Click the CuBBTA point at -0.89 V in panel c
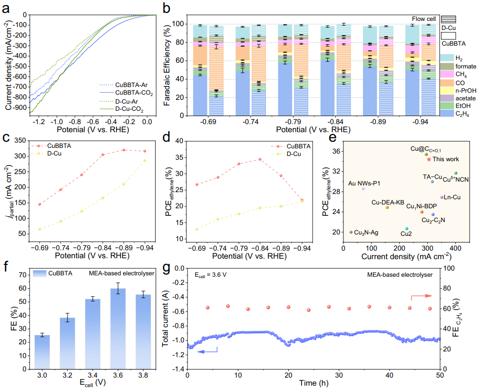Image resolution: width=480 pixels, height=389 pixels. (x=124, y=150)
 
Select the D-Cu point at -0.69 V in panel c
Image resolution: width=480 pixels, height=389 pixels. (x=39, y=229)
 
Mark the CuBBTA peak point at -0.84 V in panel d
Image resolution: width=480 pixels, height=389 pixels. (x=260, y=159)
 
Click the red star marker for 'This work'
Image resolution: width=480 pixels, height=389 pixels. (x=429, y=159)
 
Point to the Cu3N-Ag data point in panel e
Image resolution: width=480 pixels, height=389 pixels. (x=351, y=232)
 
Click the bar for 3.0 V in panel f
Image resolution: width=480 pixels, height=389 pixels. (x=42, y=351)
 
